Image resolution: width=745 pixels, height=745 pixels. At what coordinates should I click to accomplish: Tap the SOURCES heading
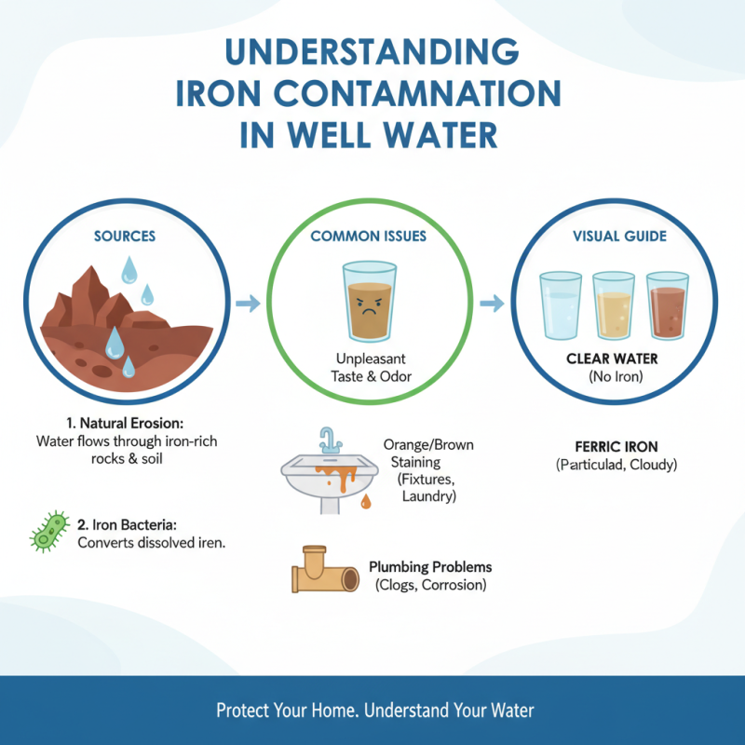pos(125,237)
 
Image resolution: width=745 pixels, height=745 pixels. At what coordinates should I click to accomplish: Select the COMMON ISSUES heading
pos(369,237)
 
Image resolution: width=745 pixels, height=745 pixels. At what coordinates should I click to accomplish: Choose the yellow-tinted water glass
pos(614,306)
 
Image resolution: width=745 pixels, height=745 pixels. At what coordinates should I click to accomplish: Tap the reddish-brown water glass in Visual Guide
pos(667,306)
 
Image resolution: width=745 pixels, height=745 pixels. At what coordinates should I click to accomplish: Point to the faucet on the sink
pos(328,439)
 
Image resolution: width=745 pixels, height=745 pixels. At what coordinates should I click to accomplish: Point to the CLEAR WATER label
pos(612,359)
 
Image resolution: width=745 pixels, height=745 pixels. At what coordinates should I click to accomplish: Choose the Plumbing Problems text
pos(430,567)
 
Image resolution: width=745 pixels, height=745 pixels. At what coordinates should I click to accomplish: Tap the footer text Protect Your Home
pos(287,711)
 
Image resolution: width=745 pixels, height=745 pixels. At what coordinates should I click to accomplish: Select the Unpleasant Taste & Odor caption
pos(370,367)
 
